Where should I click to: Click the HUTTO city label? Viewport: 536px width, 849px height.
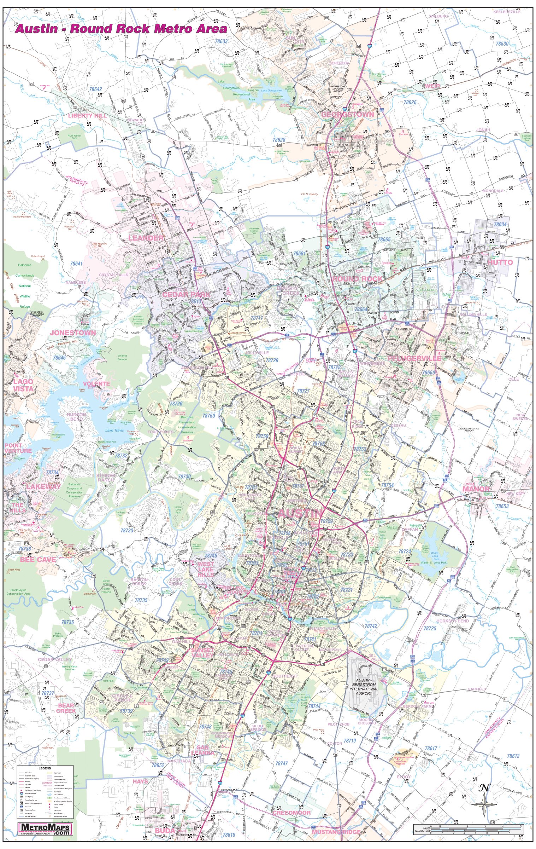[x=500, y=262]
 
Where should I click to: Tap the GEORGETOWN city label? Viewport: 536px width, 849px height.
[x=347, y=115]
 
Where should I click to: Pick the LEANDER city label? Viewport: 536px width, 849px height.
[x=146, y=238]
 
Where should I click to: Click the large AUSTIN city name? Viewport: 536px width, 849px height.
[x=300, y=513]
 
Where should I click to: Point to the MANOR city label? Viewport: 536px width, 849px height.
[x=476, y=489]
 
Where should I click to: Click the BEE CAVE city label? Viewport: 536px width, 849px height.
[x=38, y=560]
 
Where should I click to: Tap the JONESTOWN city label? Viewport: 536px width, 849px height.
[x=73, y=333]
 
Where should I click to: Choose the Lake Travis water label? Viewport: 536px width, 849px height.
[x=114, y=430]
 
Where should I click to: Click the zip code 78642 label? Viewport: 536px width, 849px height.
[x=95, y=89]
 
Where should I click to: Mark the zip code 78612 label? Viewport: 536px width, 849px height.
[x=513, y=756]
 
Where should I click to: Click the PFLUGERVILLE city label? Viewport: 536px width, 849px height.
[x=414, y=358]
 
